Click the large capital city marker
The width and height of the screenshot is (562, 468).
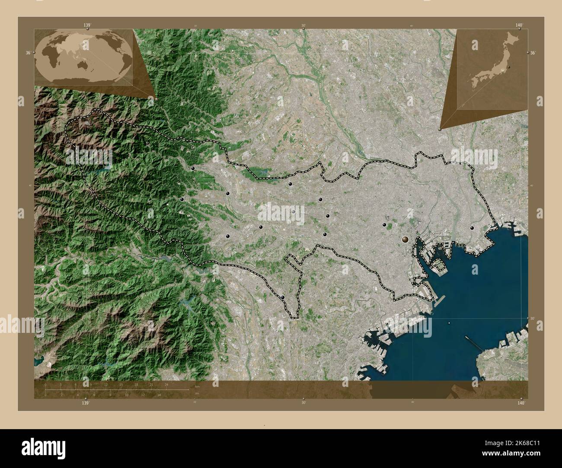coord(406,238)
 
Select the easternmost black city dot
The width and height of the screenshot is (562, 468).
coord(472,228)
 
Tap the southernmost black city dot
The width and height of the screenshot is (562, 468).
coord(283,297)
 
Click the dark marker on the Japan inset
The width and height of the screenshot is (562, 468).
coord(509,67)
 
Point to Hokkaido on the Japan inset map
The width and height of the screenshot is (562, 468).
coord(513,41)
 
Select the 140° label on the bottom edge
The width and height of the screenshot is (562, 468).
coord(521,402)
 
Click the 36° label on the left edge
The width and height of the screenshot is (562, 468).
coord(28,52)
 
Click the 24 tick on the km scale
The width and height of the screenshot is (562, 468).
coord(166,384)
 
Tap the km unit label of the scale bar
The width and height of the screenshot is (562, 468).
coord(197,386)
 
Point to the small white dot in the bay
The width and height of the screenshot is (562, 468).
coord(449,323)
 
